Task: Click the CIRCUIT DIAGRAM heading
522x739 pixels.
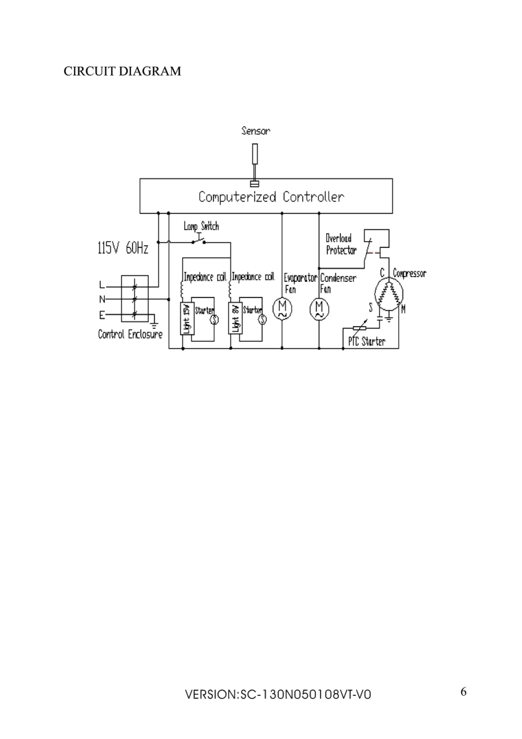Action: tap(122, 71)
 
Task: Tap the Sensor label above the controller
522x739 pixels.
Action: tap(256, 131)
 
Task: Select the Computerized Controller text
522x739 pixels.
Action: tap(271, 197)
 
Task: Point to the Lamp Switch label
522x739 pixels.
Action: tap(201, 226)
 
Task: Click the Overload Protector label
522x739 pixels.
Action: tap(341, 244)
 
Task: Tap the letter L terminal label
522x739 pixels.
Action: tap(102, 285)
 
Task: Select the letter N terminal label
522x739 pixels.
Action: tap(102, 299)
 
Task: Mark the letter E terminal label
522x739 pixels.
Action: tap(102, 315)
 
